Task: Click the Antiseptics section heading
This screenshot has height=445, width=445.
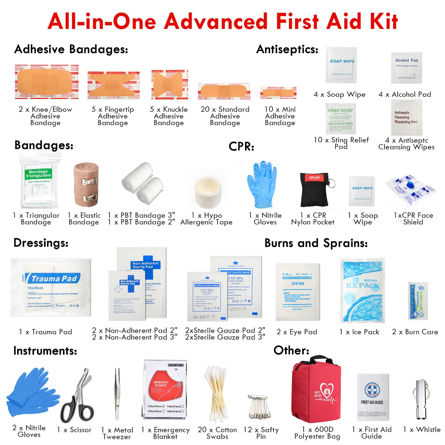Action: click(287, 50)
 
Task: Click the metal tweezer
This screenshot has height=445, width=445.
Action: click(118, 394)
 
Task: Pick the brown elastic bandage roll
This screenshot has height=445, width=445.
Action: click(86, 185)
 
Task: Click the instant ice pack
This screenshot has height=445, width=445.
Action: click(362, 290)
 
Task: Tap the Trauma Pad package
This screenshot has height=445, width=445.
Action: click(51, 287)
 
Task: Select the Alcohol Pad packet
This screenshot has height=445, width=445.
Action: click(406, 68)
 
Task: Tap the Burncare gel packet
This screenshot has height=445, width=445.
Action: click(418, 301)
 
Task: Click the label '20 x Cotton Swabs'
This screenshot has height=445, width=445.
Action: click(217, 433)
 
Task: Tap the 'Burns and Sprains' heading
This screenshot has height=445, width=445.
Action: click(316, 243)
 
